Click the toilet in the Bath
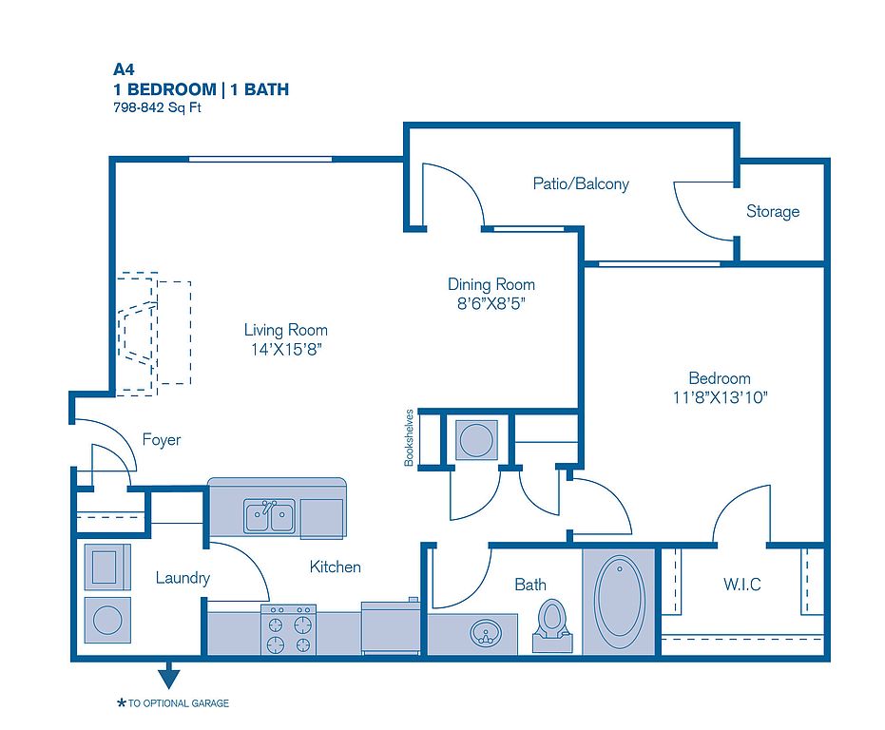tap(552, 625)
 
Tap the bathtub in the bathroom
tap(619, 602)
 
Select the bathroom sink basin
tap(486, 632)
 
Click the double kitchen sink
tap(269, 516)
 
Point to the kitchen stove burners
tap(288, 630)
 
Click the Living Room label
tap(285, 330)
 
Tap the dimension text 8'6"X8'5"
tap(491, 304)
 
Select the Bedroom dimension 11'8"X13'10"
tap(720, 397)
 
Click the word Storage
tap(773, 211)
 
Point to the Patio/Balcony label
tap(581, 183)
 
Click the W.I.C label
tap(742, 584)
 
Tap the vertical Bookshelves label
tap(409, 437)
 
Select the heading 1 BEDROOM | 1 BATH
tap(201, 89)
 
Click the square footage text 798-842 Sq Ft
tap(157, 107)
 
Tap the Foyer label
tap(162, 440)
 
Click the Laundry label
tap(183, 578)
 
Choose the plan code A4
tap(124, 69)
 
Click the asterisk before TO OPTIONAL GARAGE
tap(121, 702)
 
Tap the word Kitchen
tap(336, 567)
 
